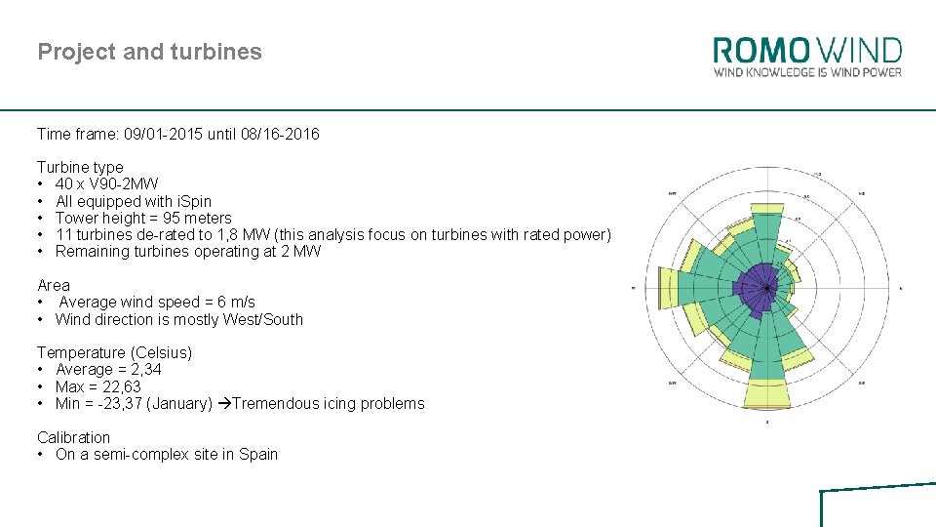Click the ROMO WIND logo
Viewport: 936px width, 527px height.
click(x=807, y=51)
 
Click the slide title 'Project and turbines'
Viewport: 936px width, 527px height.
click(x=149, y=52)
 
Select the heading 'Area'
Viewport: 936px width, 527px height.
click(x=54, y=285)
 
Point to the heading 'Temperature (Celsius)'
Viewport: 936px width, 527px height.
click(x=114, y=352)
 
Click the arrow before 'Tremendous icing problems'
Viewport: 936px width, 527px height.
click(x=224, y=404)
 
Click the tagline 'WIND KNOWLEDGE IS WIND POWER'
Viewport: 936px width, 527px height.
click(x=807, y=72)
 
